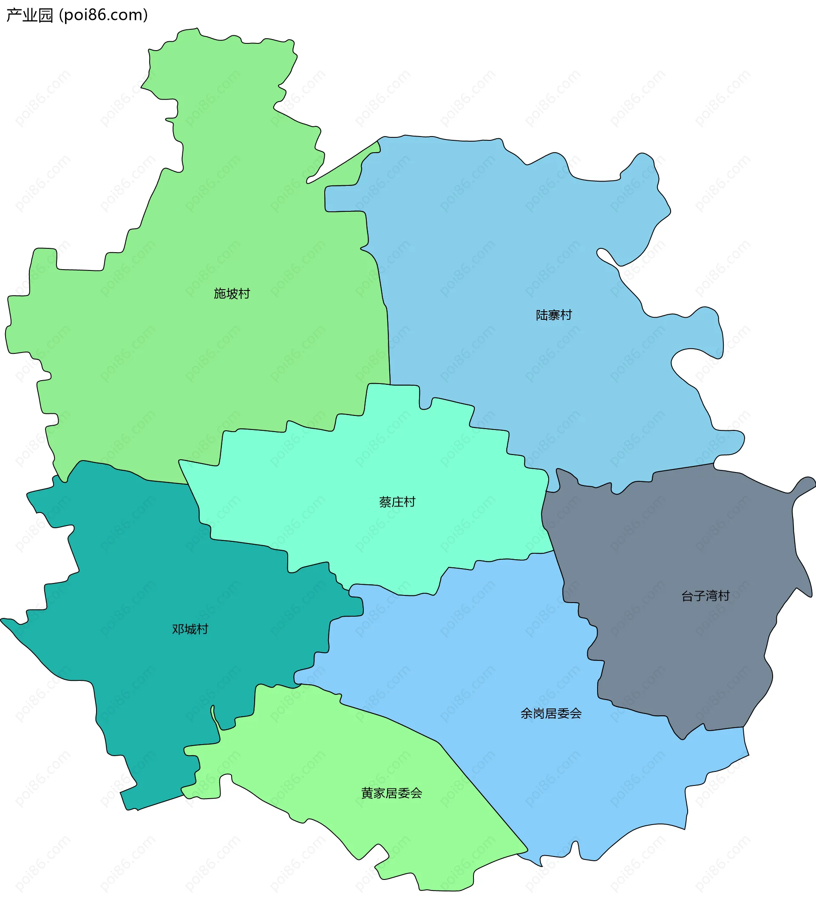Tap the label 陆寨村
click(x=554, y=315)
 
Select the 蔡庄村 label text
click(x=397, y=502)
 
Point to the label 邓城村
click(x=190, y=629)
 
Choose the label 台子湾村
click(x=705, y=596)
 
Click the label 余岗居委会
click(x=551, y=714)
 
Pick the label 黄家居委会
click(x=391, y=793)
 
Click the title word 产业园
click(x=30, y=15)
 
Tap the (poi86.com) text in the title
click(x=103, y=15)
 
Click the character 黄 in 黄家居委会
click(x=367, y=793)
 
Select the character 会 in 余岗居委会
click(x=576, y=714)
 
